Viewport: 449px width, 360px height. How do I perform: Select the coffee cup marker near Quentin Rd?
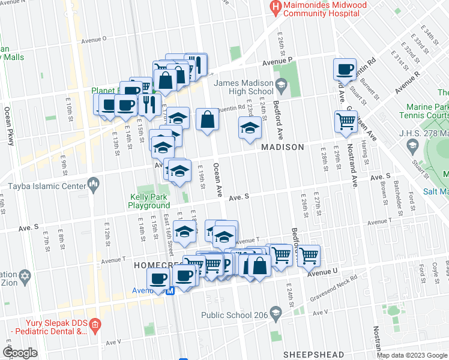click(345, 69)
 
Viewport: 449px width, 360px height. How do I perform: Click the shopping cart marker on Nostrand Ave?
click(346, 122)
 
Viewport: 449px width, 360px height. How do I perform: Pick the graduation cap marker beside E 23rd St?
click(250, 128)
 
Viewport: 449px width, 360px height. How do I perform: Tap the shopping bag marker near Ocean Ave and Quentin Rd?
click(207, 119)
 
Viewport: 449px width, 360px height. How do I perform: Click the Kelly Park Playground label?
click(153, 200)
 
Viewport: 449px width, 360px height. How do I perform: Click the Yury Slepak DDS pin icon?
click(95, 325)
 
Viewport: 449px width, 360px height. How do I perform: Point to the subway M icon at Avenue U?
click(170, 291)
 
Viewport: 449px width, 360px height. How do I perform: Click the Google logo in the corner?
click(20, 353)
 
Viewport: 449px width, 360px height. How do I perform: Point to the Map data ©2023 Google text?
click(411, 355)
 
